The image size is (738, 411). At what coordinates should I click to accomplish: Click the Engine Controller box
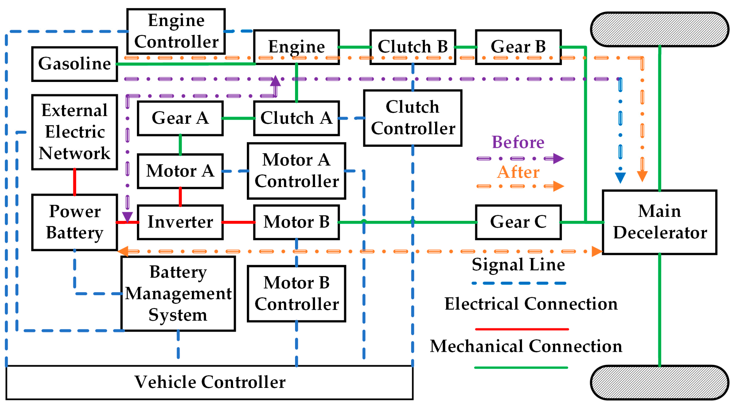click(x=176, y=31)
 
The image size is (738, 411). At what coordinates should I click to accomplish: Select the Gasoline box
click(x=74, y=64)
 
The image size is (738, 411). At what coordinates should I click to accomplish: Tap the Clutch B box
click(x=413, y=47)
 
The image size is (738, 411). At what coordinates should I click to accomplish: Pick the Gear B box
click(x=518, y=47)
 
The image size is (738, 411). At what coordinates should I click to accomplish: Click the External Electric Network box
click(x=74, y=132)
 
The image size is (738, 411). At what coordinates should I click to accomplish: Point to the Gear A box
click(x=180, y=118)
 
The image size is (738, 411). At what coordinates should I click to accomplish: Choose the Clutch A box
click(x=296, y=118)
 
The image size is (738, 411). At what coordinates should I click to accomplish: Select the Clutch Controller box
click(x=413, y=118)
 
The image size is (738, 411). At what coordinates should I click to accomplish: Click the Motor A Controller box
click(x=296, y=171)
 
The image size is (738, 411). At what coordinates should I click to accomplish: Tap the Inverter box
click(x=180, y=222)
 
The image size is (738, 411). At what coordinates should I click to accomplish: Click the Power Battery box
click(x=74, y=222)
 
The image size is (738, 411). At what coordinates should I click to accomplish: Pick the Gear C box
click(x=518, y=222)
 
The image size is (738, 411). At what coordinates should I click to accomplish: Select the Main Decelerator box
click(x=659, y=222)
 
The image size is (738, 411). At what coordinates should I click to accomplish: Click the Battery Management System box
click(x=178, y=293)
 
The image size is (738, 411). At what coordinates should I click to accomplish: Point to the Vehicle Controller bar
click(x=209, y=382)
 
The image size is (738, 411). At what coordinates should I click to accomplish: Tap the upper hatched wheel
click(x=659, y=29)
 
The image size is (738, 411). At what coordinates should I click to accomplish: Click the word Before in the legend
click(x=518, y=142)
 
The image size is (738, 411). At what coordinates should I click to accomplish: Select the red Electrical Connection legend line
click(x=521, y=329)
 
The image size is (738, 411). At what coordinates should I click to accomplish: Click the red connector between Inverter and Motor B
click(x=238, y=222)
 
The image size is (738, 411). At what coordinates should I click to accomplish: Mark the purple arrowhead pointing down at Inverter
click(x=127, y=217)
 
